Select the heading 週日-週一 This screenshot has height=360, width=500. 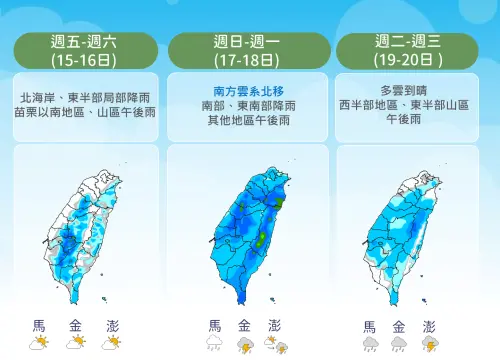[249, 42]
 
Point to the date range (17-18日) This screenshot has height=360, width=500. [249, 59]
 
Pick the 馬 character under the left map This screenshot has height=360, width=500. [39, 325]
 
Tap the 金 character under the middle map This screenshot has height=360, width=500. [244, 325]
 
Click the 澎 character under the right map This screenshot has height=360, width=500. [429, 326]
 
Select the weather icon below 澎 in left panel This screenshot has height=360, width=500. [111, 343]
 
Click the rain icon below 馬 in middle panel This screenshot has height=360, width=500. [214, 343]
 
